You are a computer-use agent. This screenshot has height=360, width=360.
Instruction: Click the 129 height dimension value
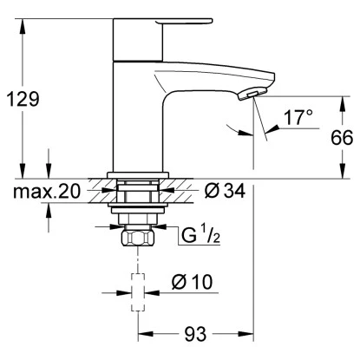(23, 99)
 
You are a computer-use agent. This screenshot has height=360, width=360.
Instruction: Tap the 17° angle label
(294, 117)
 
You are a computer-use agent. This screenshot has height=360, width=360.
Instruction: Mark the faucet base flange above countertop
(135, 174)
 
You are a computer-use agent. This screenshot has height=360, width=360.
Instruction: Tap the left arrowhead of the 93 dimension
(141, 332)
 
